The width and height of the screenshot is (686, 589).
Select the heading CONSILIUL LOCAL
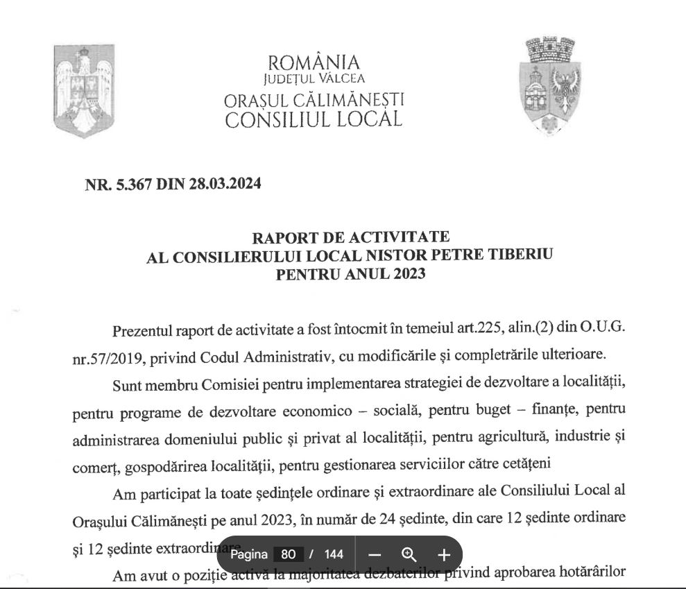pos(314,119)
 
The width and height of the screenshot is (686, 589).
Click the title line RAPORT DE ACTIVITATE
pos(350,238)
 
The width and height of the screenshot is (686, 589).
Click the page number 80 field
pos(289,554)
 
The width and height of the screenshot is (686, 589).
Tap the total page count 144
pos(334,554)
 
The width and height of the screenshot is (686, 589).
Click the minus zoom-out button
pos(375,554)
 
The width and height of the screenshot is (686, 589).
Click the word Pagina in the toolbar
pos(249,554)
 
